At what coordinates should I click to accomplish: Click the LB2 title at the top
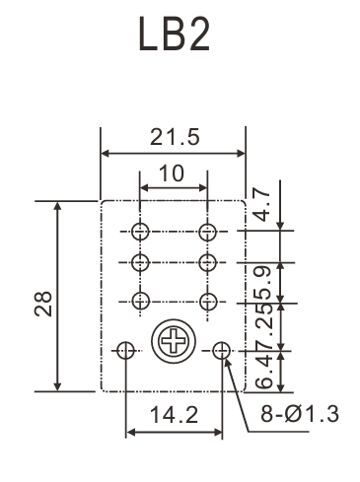click(174, 34)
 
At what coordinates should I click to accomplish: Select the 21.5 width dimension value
click(175, 137)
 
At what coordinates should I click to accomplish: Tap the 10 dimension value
click(172, 173)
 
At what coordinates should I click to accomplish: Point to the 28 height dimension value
click(43, 304)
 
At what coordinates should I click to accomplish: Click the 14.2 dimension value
click(175, 415)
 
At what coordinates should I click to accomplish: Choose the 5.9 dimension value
click(263, 282)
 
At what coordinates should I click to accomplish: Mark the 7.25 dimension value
click(264, 325)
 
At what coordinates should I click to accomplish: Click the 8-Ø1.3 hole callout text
click(300, 414)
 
